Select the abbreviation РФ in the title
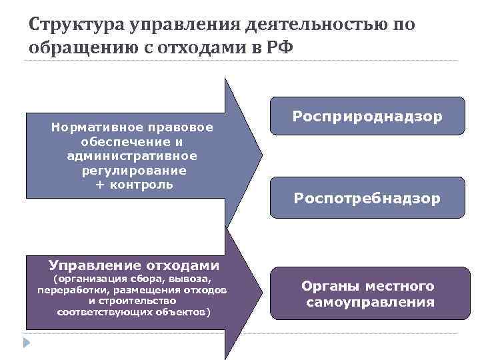pos(278,48)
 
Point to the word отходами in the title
pos(202,48)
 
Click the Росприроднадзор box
pos(367,117)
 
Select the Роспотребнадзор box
pos(367,198)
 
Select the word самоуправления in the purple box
pos(370,303)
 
